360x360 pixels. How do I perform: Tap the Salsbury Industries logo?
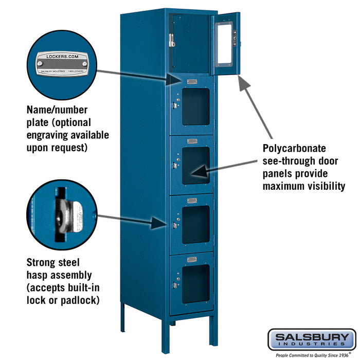click(x=311, y=340)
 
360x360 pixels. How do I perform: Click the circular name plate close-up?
click(x=62, y=64)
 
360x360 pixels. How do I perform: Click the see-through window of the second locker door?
click(x=196, y=106)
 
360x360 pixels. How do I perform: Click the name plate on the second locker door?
click(x=192, y=82)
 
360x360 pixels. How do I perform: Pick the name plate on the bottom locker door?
click(x=192, y=259)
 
